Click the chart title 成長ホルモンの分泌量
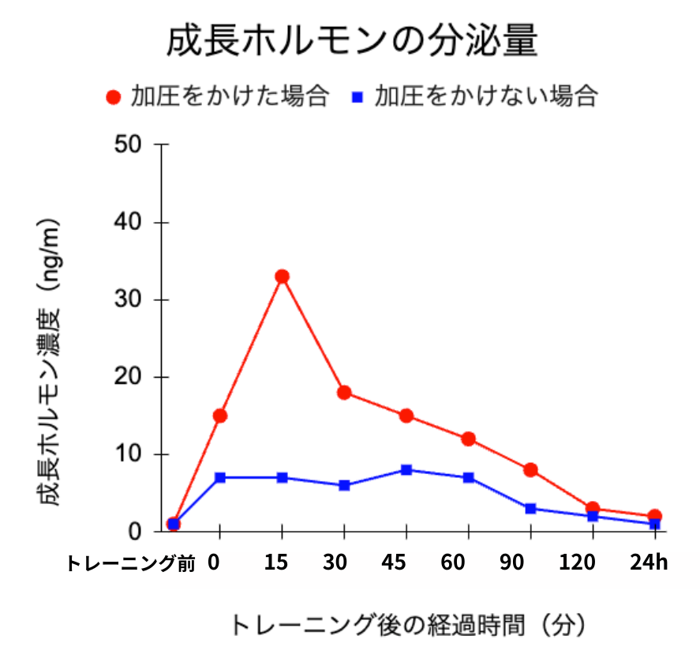(351, 41)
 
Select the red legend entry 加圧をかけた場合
(218, 96)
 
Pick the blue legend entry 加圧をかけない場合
(474, 96)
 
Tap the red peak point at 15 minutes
(282, 277)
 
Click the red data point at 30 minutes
(344, 393)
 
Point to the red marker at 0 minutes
(220, 416)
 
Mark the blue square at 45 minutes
(406, 470)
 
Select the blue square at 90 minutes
(530, 508)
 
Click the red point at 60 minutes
(468, 439)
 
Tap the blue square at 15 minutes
(282, 478)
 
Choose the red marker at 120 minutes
(593, 508)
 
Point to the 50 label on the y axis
(128, 145)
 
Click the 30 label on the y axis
(128, 300)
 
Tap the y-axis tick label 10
(128, 455)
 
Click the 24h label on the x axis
(649, 563)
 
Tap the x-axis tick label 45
(394, 563)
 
